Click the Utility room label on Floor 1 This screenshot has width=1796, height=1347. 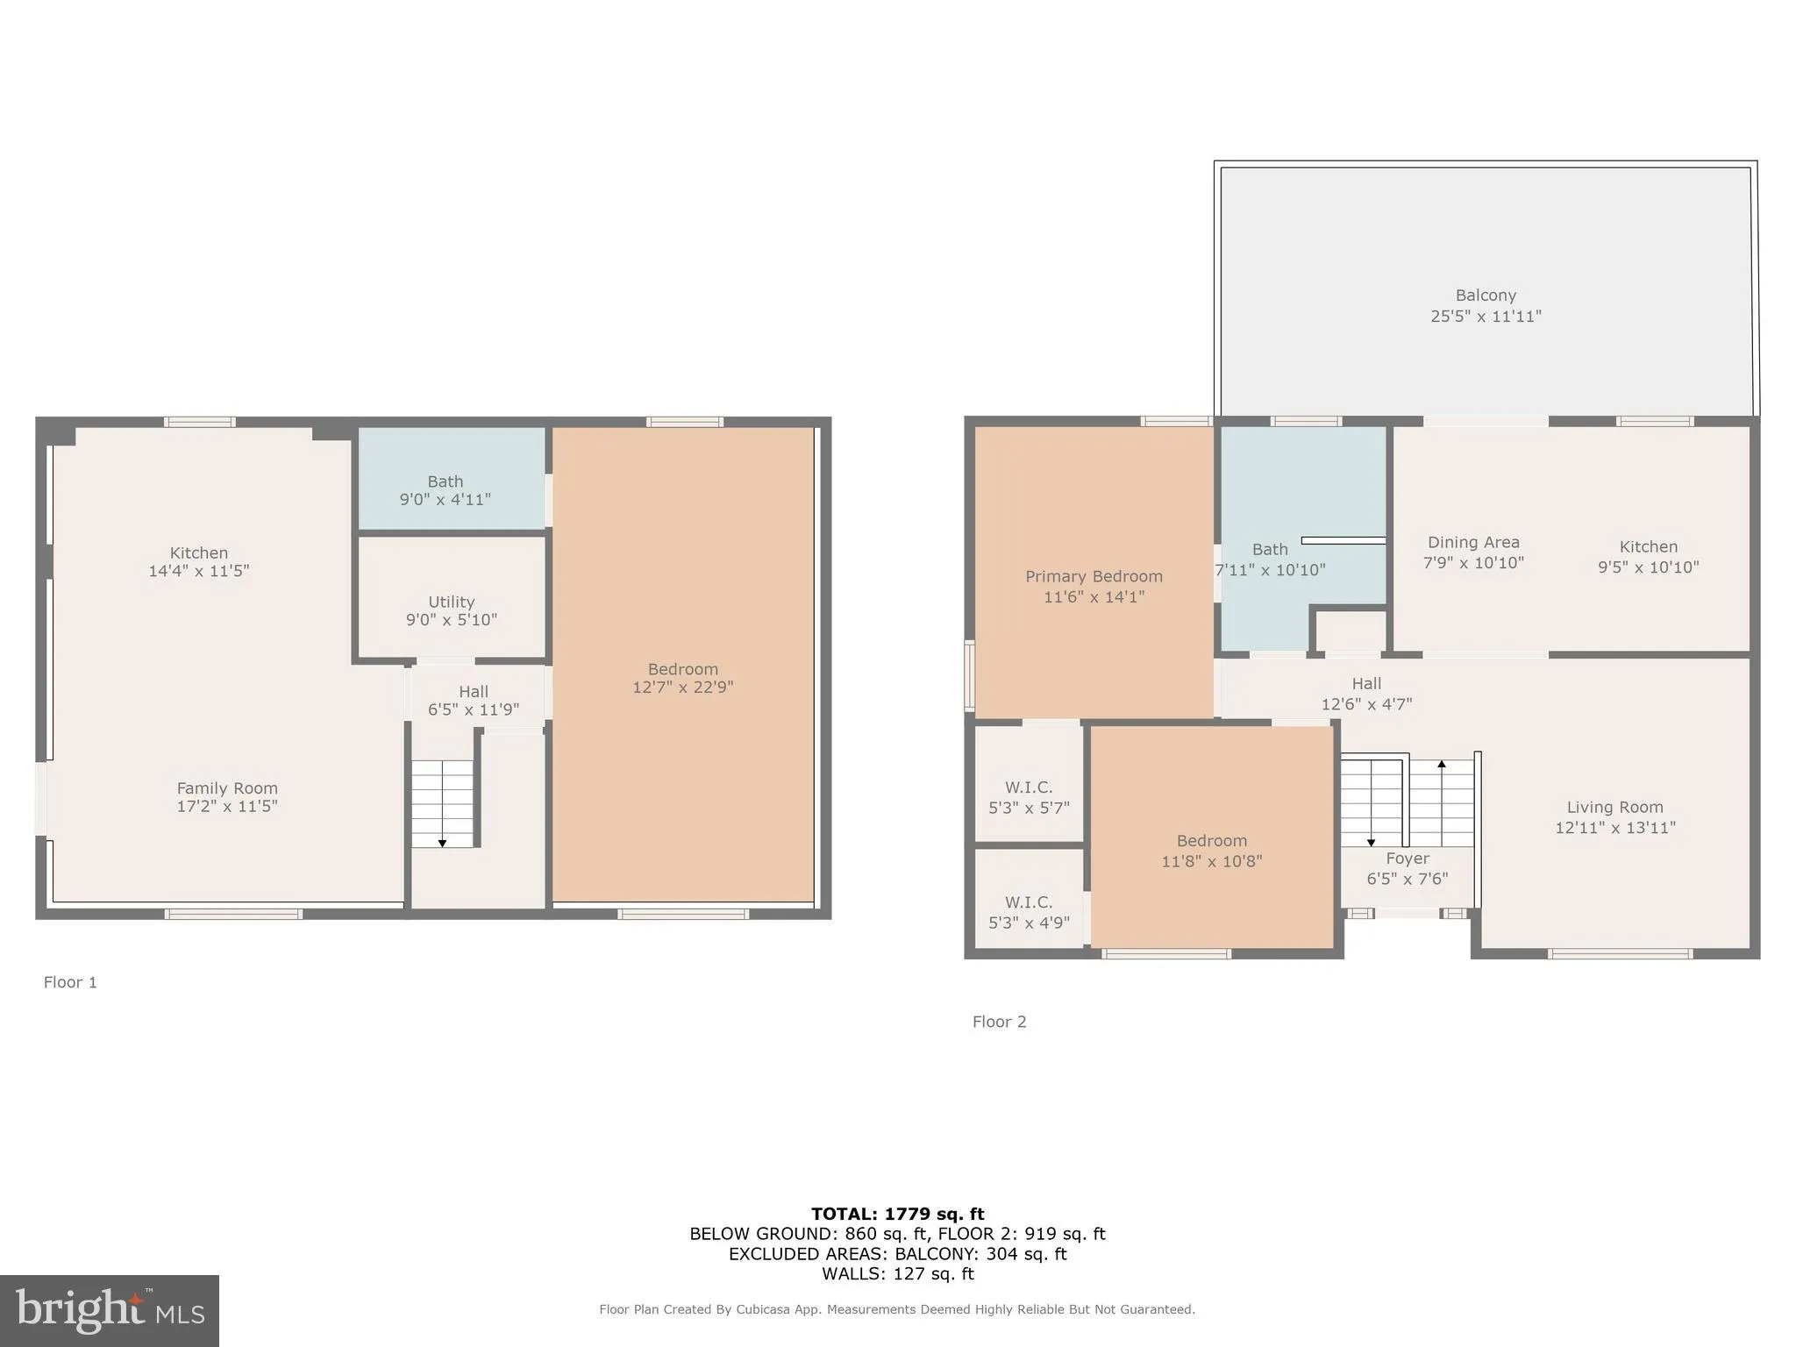pos(451,602)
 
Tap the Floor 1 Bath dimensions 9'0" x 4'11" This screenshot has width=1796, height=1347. pos(445,500)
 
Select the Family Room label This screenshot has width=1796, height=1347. pos(227,788)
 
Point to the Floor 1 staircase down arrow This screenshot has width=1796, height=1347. pos(442,842)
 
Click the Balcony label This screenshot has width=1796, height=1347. pos(1486,296)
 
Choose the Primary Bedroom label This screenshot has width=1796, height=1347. pos(1094,576)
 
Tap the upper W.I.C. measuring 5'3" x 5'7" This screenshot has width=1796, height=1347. pos(1029,797)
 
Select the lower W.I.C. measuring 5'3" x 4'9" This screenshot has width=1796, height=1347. pos(1029,912)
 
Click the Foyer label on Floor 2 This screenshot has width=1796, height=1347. pos(1408,859)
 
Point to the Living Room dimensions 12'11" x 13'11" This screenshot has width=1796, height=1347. pos(1614,827)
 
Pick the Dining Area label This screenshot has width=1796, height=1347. pos(1473,542)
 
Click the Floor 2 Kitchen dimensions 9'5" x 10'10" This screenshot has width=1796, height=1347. pos(1648,567)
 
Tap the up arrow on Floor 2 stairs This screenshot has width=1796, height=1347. pos(1442,765)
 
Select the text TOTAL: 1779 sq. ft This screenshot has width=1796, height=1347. pos(897,1214)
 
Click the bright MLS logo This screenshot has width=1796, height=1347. pos(110,1310)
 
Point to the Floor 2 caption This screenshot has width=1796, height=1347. pos(999,1022)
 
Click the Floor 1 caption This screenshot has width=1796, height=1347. pos(70,982)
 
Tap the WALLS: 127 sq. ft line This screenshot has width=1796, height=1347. pos(897,1274)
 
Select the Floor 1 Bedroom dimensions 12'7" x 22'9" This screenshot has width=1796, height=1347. pos(682,688)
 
